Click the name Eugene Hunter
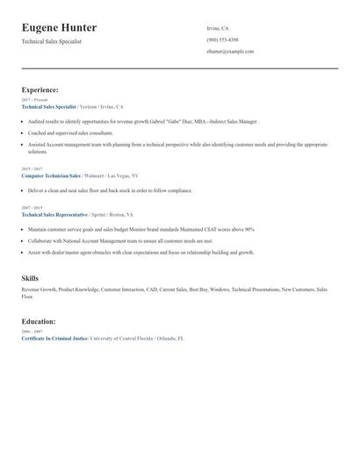tap(59, 28)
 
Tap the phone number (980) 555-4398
tap(222, 39)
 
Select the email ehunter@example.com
tap(230, 52)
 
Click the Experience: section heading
tap(40, 89)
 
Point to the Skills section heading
tap(30, 277)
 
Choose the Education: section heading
tap(39, 321)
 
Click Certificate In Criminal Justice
tap(54, 338)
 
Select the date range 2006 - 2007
tap(31, 332)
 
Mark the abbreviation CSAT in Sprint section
tap(214, 229)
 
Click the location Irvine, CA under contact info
tap(218, 28)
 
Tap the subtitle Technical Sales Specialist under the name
tap(52, 41)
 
